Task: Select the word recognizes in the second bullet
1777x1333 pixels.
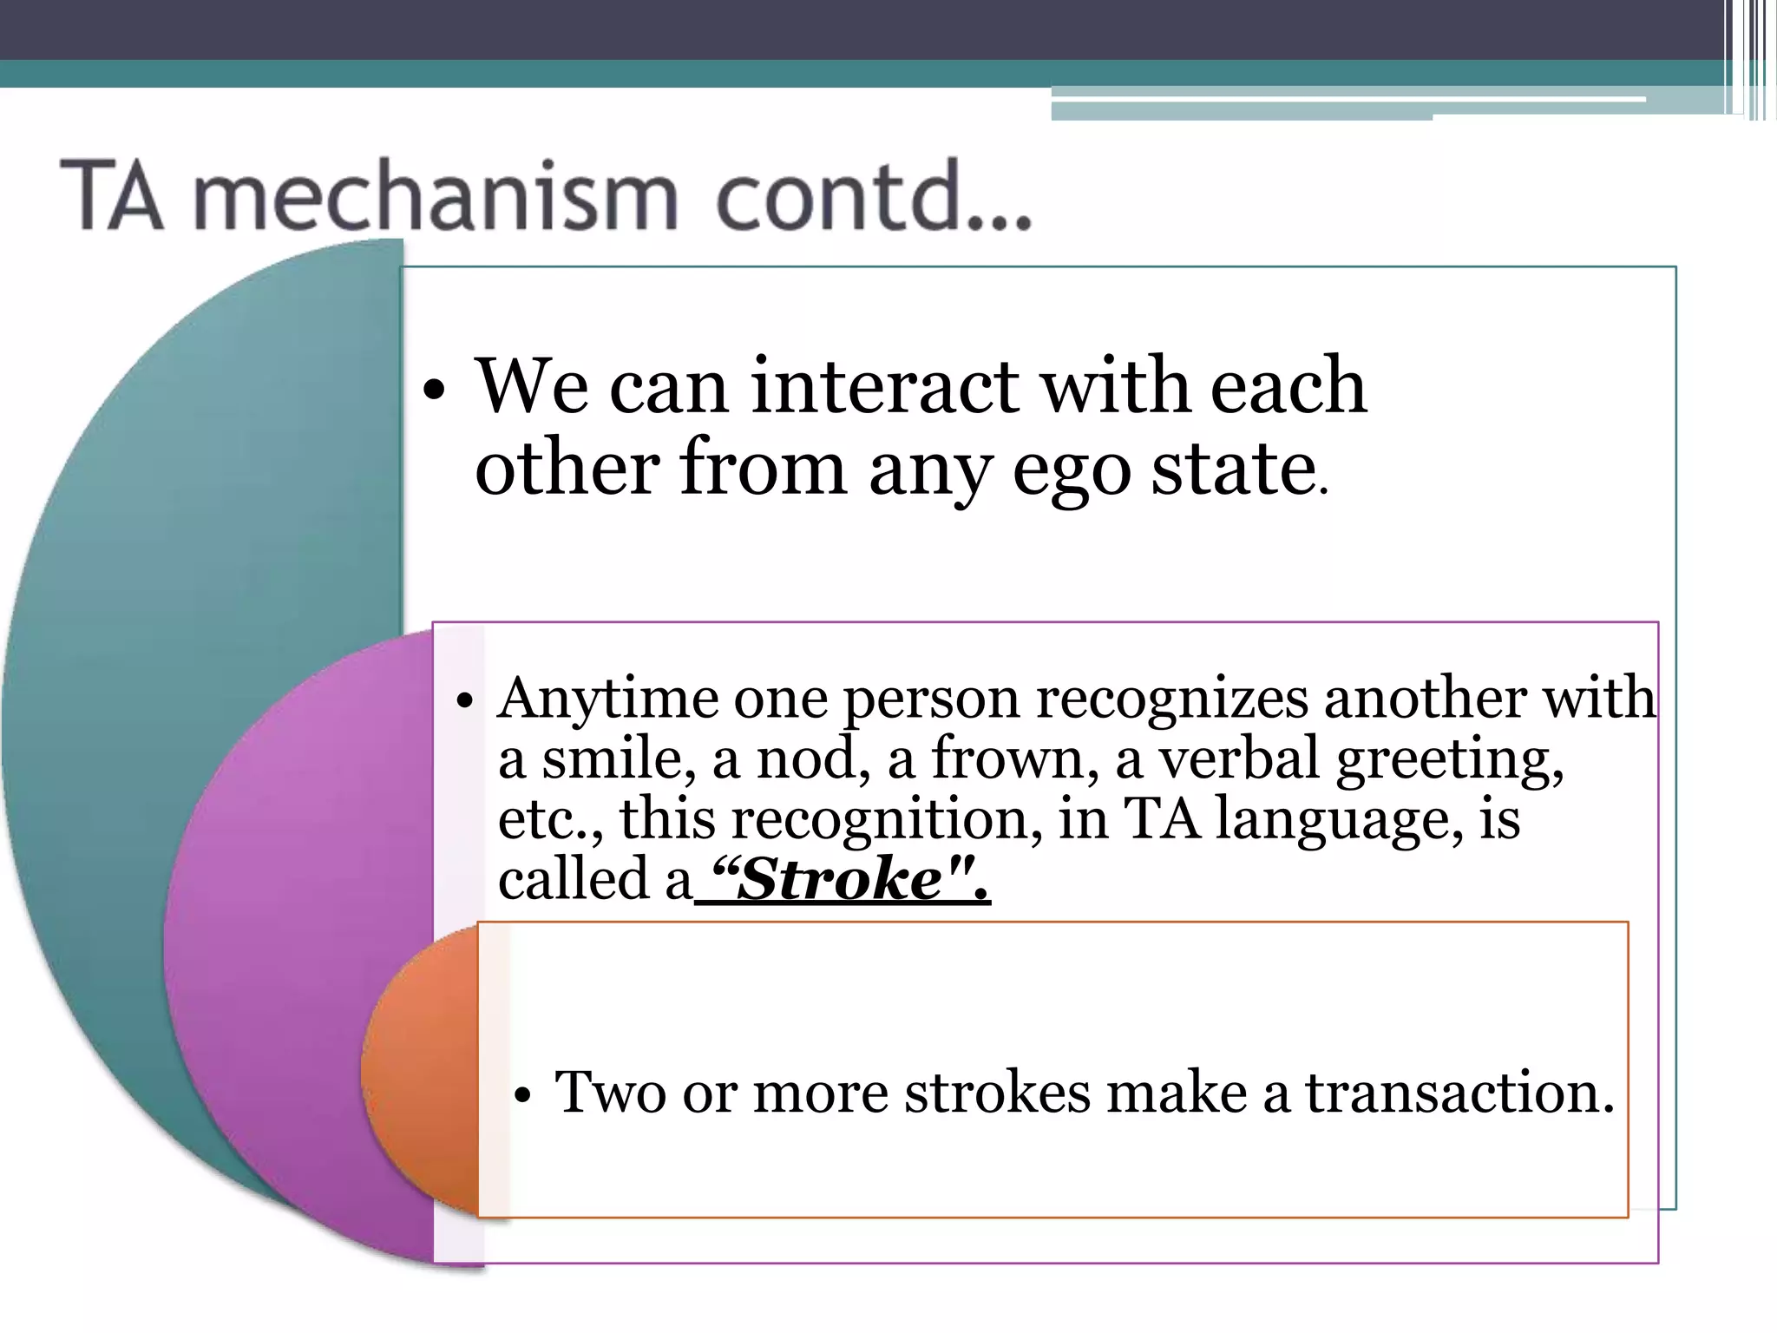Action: (1171, 699)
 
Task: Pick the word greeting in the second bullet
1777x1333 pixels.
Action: (1448, 759)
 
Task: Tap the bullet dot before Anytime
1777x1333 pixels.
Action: (465, 701)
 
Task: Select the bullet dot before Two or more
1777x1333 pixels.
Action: (521, 1096)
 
